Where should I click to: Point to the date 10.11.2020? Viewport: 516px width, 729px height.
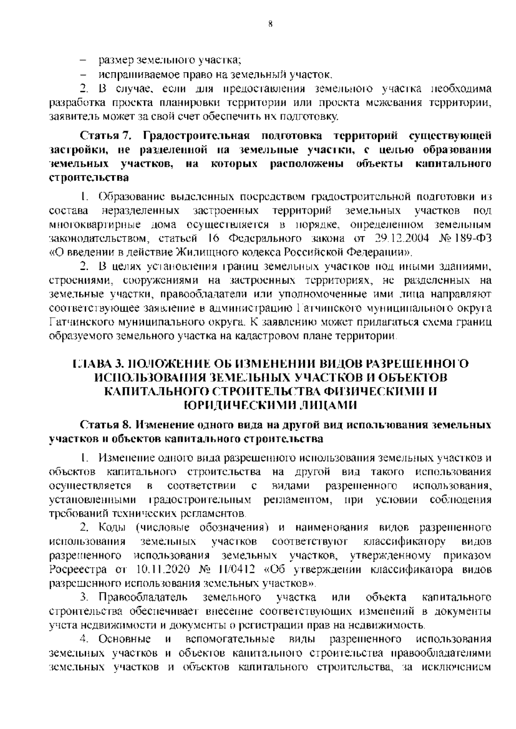tap(162, 570)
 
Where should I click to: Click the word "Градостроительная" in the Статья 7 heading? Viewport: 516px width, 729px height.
tap(196, 136)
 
